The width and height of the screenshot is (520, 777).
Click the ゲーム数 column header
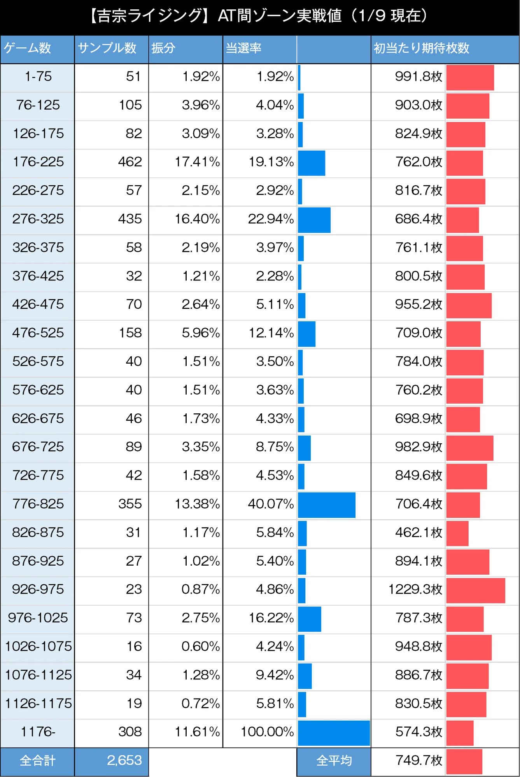(x=28, y=48)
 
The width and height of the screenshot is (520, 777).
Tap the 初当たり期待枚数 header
(x=421, y=48)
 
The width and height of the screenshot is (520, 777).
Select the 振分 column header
(x=164, y=48)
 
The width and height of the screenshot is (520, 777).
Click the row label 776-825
(x=38, y=504)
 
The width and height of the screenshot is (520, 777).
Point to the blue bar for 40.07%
(x=326, y=505)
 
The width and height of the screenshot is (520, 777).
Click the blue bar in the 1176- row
(x=333, y=733)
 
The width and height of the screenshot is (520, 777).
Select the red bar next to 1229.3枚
(x=475, y=590)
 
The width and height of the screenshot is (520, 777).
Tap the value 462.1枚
(x=418, y=532)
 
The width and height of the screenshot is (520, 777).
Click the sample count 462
(x=130, y=162)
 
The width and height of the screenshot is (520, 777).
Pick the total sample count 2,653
(x=124, y=760)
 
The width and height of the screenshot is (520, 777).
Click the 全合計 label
(x=37, y=761)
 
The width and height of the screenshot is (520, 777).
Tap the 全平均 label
(x=334, y=761)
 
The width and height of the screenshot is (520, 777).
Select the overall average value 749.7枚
(x=418, y=760)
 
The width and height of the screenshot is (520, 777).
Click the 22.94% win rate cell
(x=271, y=219)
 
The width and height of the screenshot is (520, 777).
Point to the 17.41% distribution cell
(x=197, y=162)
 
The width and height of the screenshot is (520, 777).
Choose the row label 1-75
(x=38, y=77)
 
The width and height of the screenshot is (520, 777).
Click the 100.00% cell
(x=267, y=732)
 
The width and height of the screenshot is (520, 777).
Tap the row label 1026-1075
(x=38, y=646)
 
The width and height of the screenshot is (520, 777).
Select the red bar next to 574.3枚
(x=460, y=733)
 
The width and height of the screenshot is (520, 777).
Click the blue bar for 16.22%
(x=309, y=619)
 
